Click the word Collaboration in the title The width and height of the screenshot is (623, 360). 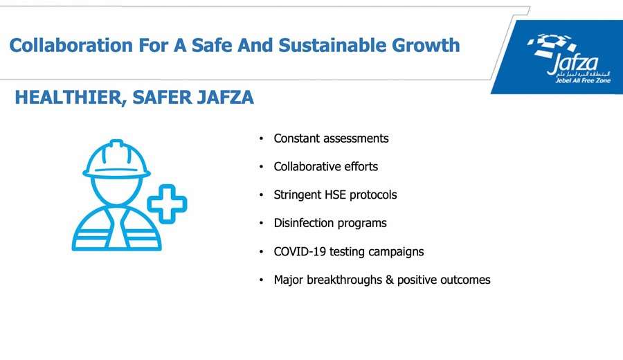pyautogui.click(x=71, y=45)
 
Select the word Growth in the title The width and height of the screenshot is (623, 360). pyautogui.click(x=426, y=45)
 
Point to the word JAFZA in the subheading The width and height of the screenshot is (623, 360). pyautogui.click(x=225, y=98)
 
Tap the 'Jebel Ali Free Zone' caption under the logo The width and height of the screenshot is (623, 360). pyautogui.click(x=583, y=81)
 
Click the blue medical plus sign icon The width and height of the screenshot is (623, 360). pyautogui.click(x=168, y=204)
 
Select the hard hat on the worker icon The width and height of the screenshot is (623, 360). pyautogui.click(x=116, y=159)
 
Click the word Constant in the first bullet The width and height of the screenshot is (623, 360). pyautogui.click(x=296, y=138)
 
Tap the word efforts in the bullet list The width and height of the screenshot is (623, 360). pyautogui.click(x=361, y=166)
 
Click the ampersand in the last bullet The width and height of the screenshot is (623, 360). pyautogui.click(x=389, y=280)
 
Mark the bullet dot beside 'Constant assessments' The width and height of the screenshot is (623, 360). pyautogui.click(x=261, y=138)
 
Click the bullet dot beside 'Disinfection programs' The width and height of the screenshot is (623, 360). pyautogui.click(x=261, y=224)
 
